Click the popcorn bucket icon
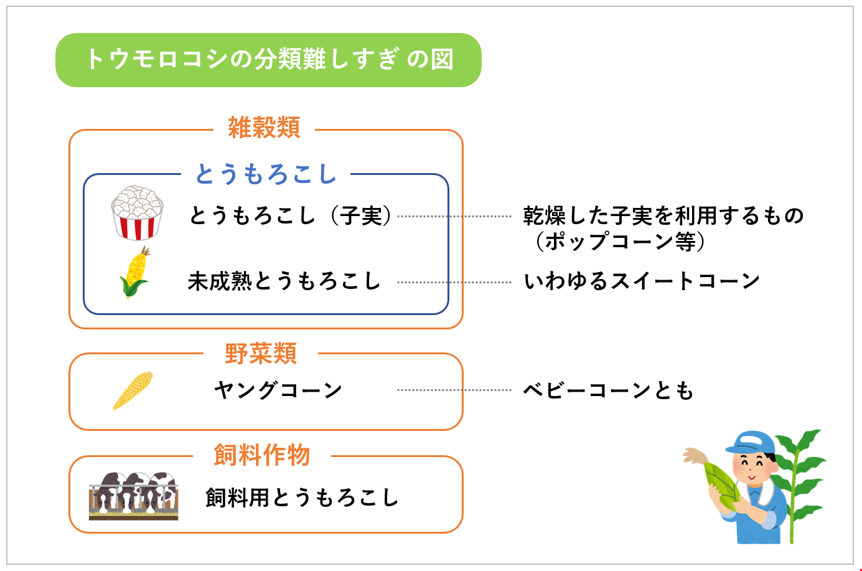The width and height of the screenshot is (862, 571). coord(137,212)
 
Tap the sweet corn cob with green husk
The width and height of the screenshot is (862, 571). coord(134,272)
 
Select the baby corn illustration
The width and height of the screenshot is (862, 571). coord(133,390)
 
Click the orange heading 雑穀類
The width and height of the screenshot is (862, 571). coord(264,128)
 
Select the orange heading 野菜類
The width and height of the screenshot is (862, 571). coord(261,354)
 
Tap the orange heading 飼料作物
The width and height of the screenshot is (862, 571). coord(261,455)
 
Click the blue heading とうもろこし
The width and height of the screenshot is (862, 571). coord(266,174)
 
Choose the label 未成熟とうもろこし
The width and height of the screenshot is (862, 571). coord(284,281)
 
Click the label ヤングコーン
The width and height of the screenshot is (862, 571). coord(278,390)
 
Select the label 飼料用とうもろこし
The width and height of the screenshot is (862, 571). coord(302,498)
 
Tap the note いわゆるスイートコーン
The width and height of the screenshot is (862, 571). coord(642,281)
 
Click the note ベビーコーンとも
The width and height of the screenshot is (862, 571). coord(608,390)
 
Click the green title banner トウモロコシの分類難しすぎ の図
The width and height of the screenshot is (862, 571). coord(269,60)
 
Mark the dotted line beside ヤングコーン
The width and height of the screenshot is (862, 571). coord(454,390)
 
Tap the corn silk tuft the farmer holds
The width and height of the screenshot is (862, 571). coord(695,456)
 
